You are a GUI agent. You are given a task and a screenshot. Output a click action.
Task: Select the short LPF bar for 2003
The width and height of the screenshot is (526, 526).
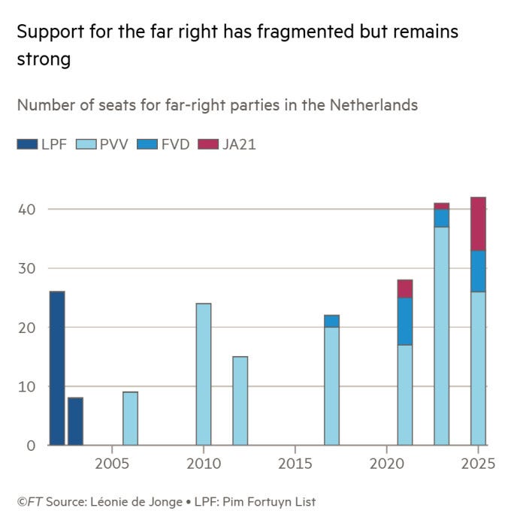75,422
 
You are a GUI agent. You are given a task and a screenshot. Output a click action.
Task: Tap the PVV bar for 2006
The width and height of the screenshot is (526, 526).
130,419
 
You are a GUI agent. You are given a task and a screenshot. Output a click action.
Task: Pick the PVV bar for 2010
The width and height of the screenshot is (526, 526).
203,374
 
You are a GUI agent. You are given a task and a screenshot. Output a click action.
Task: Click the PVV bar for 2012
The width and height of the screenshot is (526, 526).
240,401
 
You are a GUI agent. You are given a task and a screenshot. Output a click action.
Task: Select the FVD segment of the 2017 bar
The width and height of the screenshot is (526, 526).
331,321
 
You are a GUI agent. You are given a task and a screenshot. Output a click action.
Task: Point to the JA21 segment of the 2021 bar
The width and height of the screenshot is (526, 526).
405,289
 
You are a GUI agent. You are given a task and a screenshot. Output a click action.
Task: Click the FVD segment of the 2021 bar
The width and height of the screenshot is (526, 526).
405,321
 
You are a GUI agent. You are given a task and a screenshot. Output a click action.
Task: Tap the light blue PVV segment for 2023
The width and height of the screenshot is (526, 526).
442,336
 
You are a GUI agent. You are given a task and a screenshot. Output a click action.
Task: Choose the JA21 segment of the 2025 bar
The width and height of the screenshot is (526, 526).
478,224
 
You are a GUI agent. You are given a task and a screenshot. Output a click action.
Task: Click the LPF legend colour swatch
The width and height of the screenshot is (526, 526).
27,145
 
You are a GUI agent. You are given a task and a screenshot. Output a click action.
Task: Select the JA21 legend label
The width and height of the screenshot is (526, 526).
239,145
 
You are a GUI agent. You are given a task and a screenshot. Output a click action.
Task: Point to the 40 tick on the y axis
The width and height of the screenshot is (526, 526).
27,209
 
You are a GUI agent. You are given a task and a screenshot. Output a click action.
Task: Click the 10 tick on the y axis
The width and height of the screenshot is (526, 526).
27,386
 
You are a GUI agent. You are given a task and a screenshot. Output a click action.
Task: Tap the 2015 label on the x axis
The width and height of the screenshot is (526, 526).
295,464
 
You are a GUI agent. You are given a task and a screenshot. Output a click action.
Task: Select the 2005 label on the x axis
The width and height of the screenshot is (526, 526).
112,464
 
